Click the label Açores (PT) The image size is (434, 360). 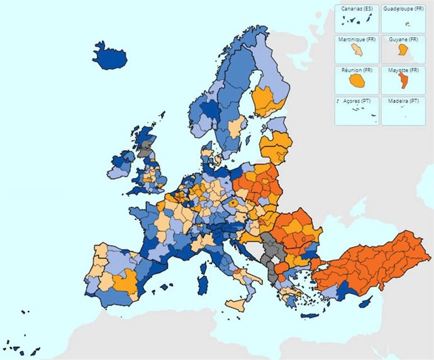coord(356,101)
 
